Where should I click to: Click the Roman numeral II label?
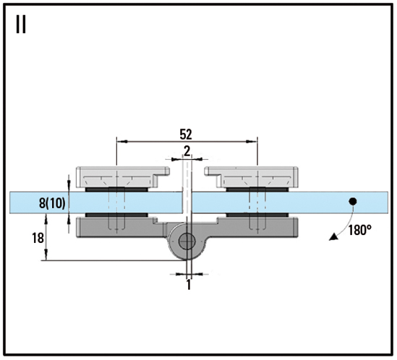click(x=21, y=25)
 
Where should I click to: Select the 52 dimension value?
click(x=186, y=134)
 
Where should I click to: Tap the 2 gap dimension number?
click(x=187, y=151)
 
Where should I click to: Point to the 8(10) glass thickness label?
click(x=52, y=203)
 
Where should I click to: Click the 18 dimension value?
click(x=38, y=239)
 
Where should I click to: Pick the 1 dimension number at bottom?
click(x=189, y=285)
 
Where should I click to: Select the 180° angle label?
click(x=360, y=230)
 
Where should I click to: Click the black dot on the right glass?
click(x=353, y=202)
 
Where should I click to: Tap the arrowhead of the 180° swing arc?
click(x=333, y=236)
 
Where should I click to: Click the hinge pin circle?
click(x=187, y=241)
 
